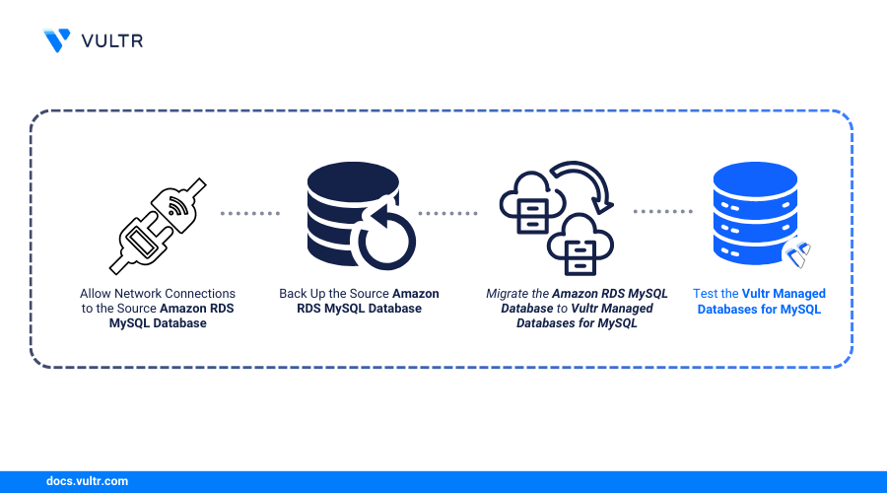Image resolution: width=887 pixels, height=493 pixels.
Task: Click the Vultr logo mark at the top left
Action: [x=57, y=40]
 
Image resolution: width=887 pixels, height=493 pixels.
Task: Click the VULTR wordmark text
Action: [x=112, y=40]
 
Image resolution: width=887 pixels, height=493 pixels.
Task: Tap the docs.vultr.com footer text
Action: [x=87, y=481]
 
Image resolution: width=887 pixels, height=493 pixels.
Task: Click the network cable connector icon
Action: [x=158, y=226]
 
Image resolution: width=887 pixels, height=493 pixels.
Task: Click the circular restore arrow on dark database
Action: [x=386, y=240]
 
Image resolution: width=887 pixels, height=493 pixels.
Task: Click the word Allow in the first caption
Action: [x=96, y=294]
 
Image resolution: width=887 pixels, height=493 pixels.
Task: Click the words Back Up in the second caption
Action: [x=304, y=294]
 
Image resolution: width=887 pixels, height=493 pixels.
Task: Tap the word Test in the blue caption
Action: [x=707, y=294]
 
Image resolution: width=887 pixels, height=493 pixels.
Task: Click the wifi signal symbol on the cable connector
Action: [x=178, y=207]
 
